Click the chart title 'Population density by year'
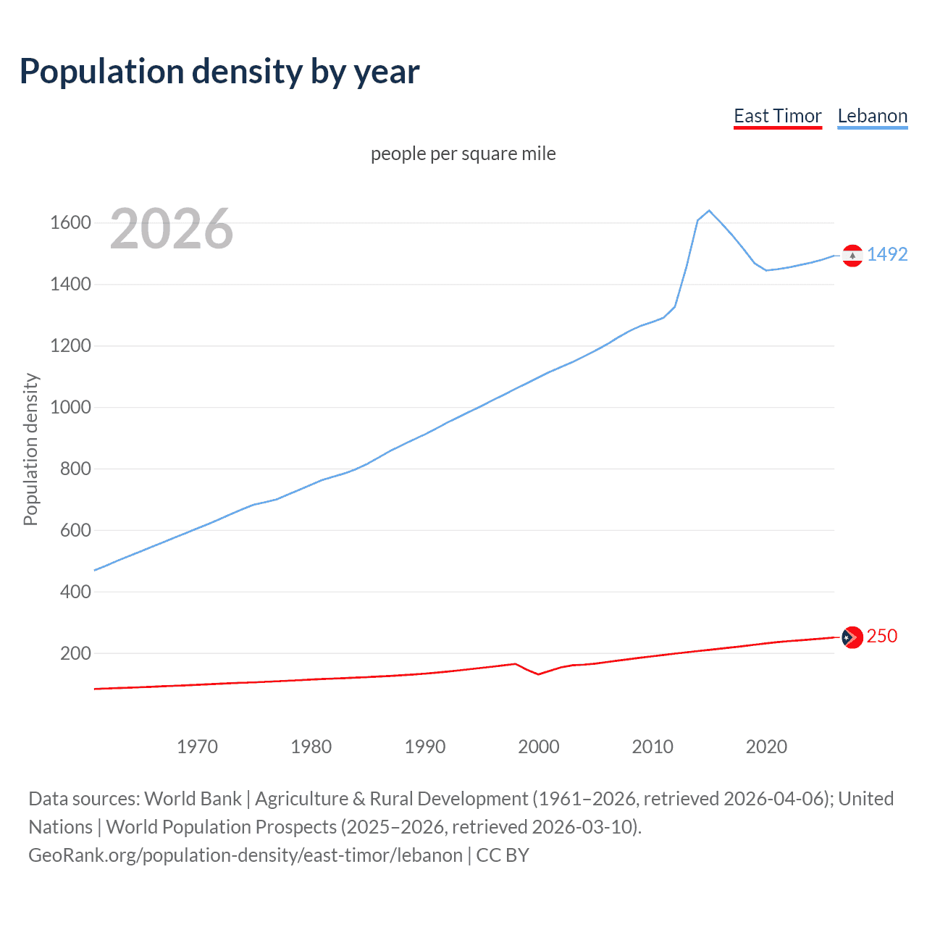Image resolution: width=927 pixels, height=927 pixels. (x=219, y=72)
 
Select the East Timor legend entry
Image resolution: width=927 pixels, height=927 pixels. (x=777, y=116)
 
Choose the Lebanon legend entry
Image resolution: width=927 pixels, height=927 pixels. (x=872, y=116)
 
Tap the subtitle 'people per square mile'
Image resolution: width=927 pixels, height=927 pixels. (x=463, y=154)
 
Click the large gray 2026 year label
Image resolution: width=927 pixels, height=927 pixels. (x=172, y=229)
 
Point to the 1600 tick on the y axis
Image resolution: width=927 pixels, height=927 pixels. (x=70, y=222)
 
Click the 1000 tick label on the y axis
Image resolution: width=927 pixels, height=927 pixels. (x=70, y=407)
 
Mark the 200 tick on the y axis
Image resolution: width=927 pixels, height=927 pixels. (x=75, y=653)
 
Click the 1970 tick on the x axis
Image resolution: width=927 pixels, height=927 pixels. (x=197, y=747)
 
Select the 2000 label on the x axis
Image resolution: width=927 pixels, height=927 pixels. (x=539, y=747)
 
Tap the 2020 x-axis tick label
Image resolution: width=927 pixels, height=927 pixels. (x=766, y=747)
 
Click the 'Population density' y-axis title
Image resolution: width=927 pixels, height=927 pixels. (x=30, y=449)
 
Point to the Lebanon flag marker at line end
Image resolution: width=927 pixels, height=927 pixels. (x=852, y=256)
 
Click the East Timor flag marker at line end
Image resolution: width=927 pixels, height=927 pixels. (x=852, y=637)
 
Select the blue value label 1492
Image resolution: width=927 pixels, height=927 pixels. (x=887, y=254)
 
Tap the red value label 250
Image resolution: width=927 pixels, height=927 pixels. (x=881, y=636)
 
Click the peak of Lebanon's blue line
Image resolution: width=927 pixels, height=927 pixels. (x=709, y=211)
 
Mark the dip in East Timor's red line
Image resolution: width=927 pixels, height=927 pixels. (x=538, y=674)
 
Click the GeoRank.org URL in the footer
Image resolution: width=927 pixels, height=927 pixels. (x=246, y=855)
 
